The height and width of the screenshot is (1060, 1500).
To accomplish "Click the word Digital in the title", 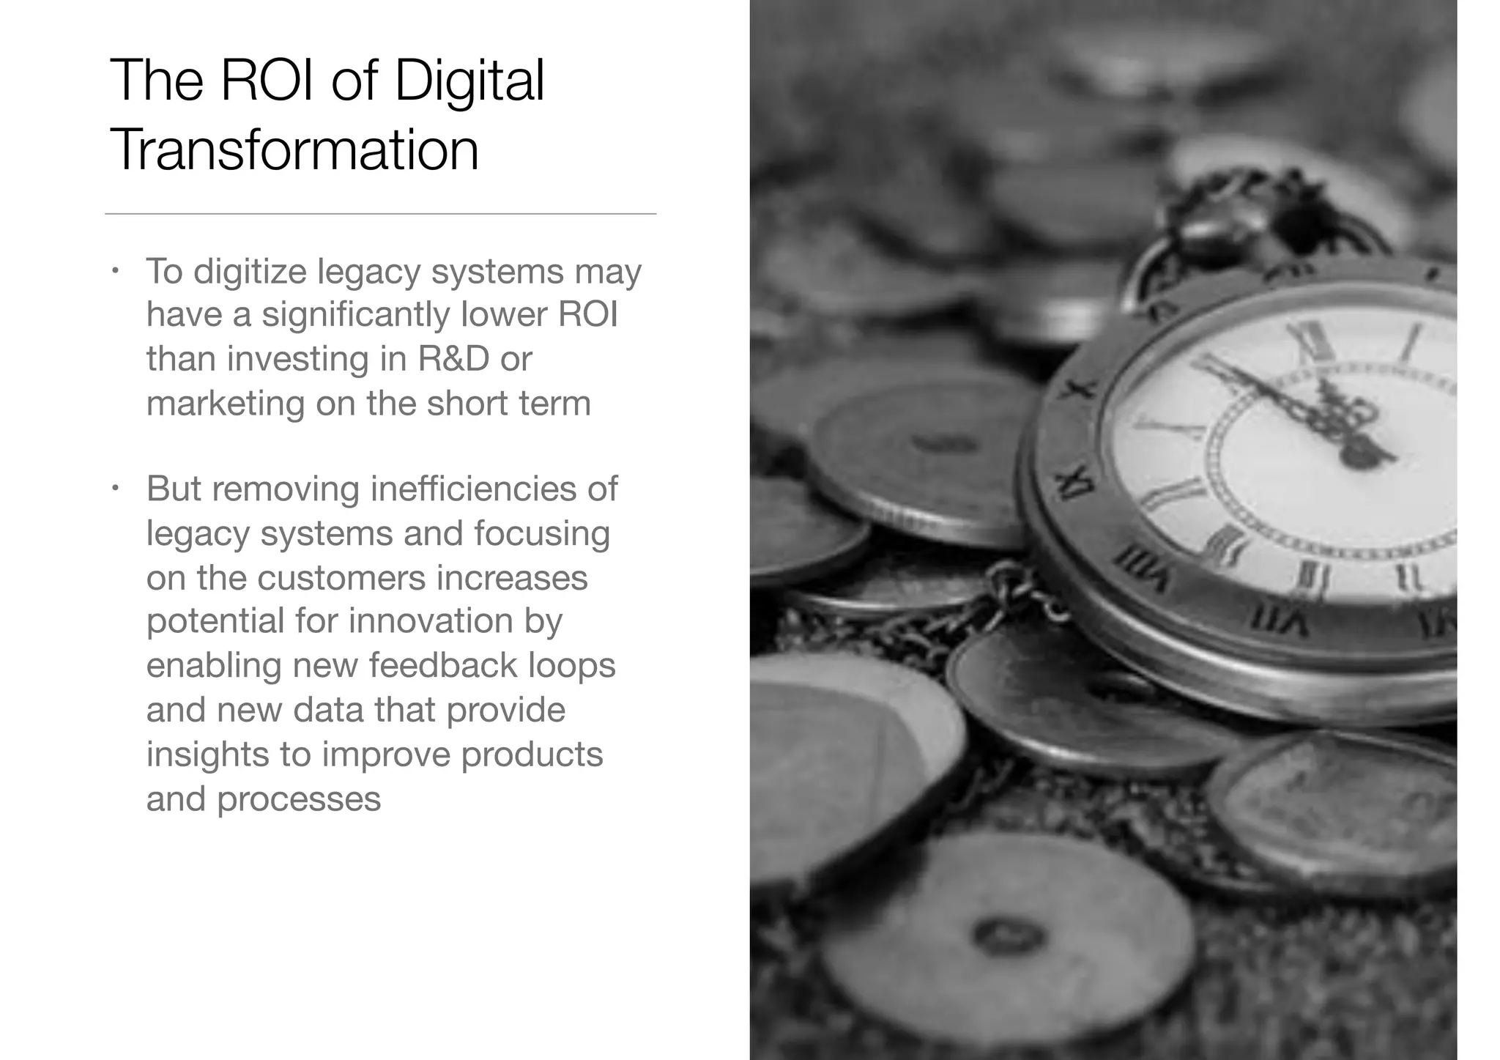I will [x=469, y=81].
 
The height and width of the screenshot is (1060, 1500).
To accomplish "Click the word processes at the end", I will [x=299, y=799].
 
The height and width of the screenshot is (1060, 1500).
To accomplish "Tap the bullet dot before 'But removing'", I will [x=115, y=488].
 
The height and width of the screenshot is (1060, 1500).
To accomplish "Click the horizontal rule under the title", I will [x=380, y=214].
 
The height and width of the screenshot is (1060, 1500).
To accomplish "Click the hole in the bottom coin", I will [x=1008, y=935].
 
